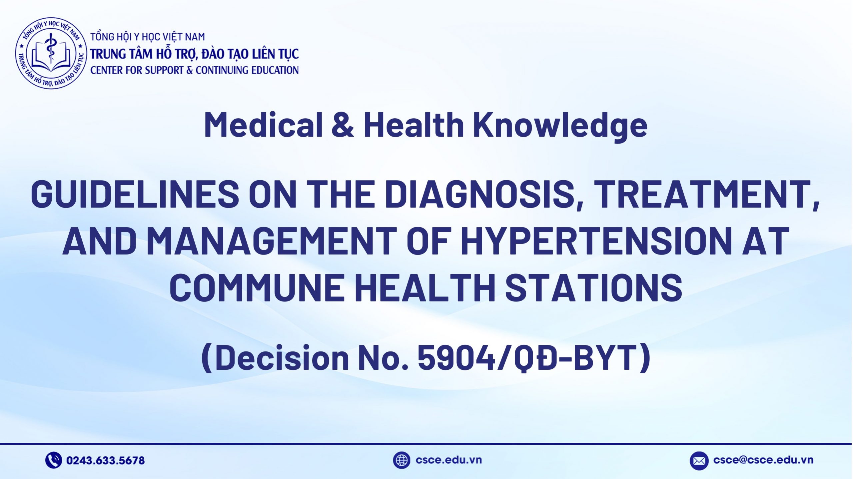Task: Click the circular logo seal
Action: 51,53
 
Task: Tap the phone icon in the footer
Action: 53,460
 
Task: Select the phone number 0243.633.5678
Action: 105,461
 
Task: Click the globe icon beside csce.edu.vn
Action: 401,460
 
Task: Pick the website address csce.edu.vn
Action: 448,460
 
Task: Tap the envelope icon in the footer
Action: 699,461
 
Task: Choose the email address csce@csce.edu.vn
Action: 763,460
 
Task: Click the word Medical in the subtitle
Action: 263,125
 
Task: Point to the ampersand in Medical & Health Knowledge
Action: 343,125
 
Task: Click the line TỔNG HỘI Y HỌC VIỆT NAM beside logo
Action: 148,37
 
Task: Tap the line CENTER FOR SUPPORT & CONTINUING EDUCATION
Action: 194,70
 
